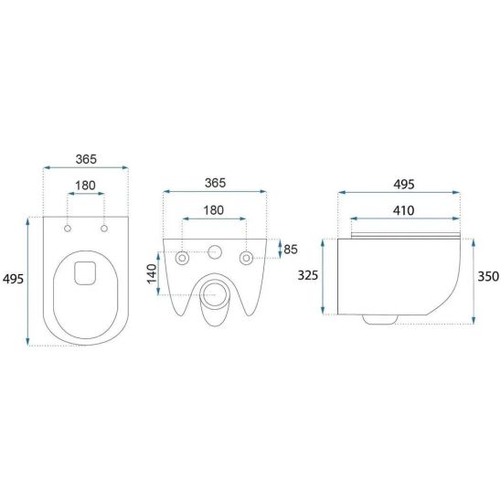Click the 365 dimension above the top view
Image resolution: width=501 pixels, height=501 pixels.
(x=86, y=159)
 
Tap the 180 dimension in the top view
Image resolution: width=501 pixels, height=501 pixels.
(x=85, y=186)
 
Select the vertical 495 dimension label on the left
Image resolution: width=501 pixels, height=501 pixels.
(x=13, y=279)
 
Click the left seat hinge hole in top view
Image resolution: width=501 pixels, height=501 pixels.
(x=68, y=229)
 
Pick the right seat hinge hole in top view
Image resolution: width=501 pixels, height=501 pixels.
(x=104, y=229)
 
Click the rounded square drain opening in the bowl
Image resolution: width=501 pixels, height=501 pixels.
(x=85, y=273)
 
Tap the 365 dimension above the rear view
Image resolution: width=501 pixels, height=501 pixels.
(x=215, y=183)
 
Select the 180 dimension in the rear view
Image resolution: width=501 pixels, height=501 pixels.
(x=214, y=210)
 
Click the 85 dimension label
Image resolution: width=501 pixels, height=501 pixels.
(x=291, y=250)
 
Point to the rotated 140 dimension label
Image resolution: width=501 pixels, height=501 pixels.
(x=152, y=273)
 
